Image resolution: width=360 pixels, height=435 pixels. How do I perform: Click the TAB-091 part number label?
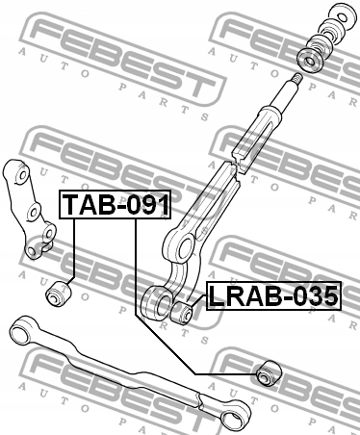pos(116,205)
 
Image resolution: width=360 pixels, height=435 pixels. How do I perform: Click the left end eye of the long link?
pos(20,334)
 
